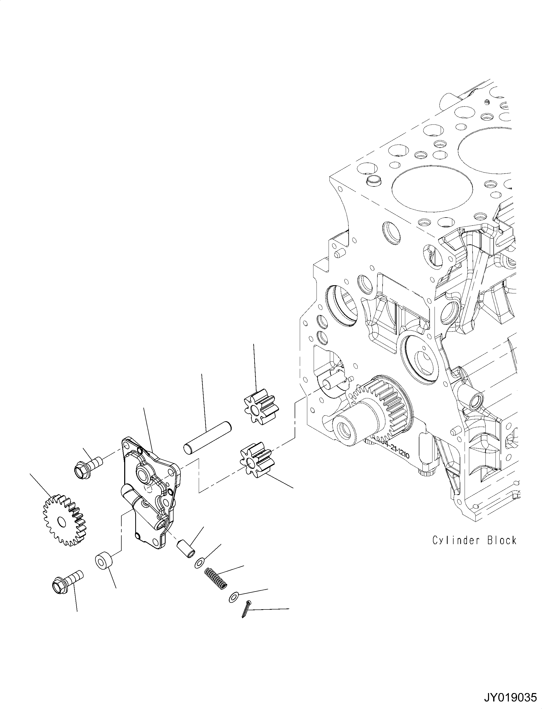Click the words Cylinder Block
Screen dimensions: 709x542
(474, 540)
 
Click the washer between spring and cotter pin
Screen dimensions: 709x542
(233, 597)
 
